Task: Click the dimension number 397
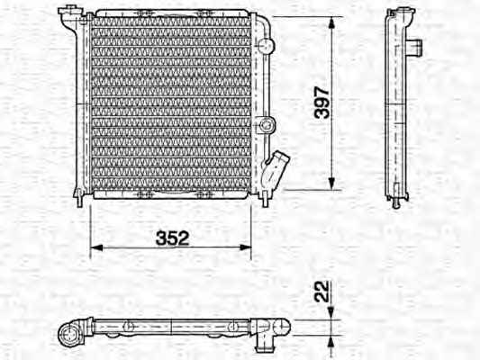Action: [322, 103]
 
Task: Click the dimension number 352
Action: [173, 238]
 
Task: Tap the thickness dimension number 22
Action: [322, 292]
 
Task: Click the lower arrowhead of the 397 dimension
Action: [331, 184]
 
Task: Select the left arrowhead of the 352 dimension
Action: [96, 247]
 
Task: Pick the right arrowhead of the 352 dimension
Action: [245, 247]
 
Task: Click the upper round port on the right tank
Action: [266, 45]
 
